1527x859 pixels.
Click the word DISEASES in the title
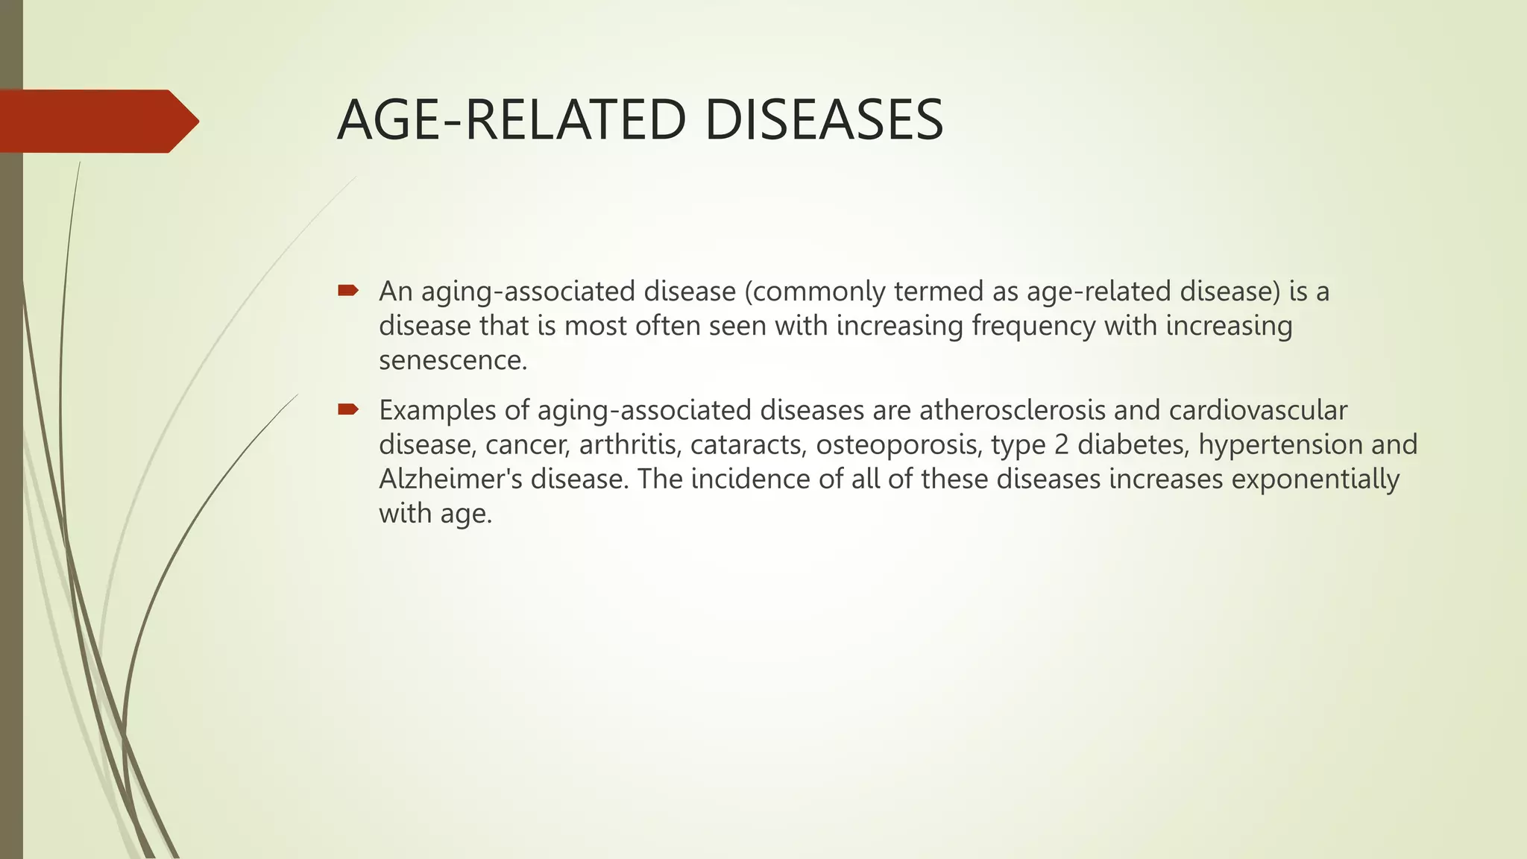click(823, 121)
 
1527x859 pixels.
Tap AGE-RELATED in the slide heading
click(511, 121)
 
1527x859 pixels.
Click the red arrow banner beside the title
click(97, 121)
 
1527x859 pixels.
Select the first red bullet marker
click(348, 290)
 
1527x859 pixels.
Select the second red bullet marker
click(348, 409)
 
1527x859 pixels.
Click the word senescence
click(452, 361)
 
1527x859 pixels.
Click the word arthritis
click(629, 445)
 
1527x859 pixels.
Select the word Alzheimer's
click(450, 479)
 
